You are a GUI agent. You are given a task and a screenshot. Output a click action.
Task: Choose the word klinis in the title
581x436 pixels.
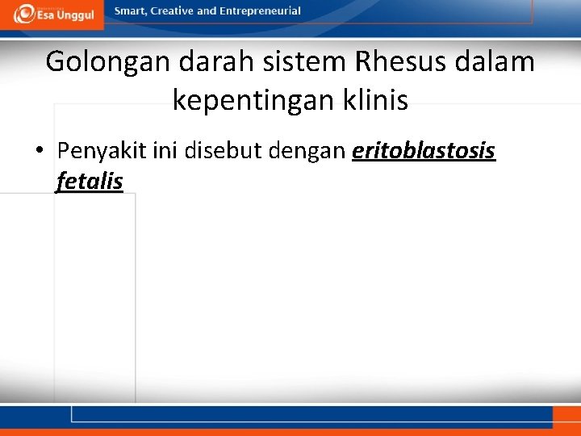click(380, 101)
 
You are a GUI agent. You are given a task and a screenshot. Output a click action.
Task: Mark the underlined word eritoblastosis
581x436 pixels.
click(424, 151)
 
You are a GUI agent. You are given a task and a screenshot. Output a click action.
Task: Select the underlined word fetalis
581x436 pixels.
click(89, 181)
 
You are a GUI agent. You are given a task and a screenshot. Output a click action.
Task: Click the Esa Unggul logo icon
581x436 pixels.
click(25, 14)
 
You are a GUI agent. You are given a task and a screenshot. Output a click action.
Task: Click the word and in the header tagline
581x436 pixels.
click(209, 11)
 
